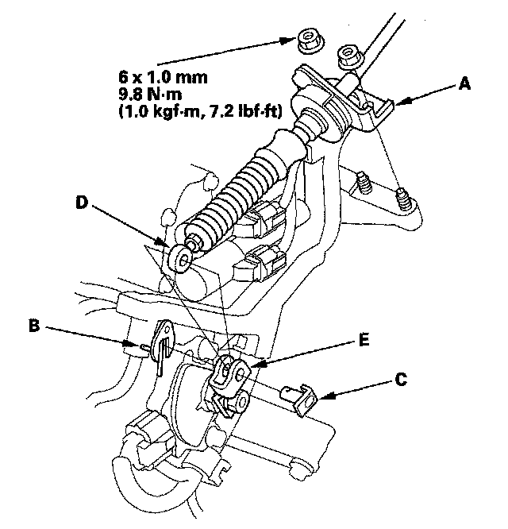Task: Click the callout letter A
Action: click(464, 83)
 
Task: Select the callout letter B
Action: click(34, 326)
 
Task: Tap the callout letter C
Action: click(401, 380)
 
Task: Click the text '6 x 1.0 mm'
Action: click(164, 78)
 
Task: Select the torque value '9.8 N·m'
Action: click(150, 95)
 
